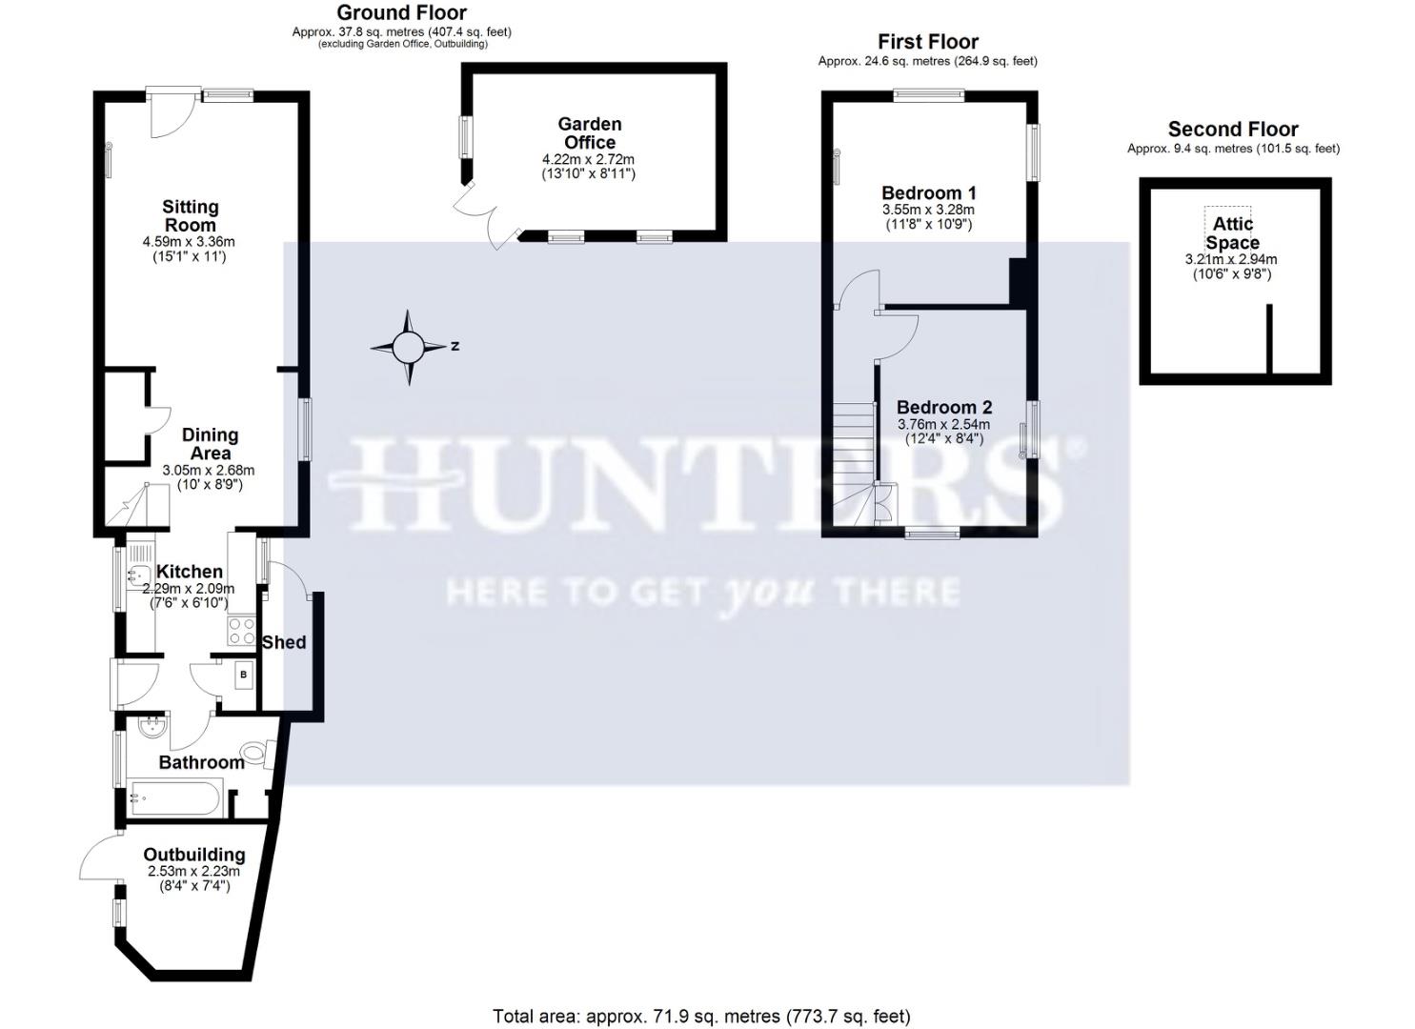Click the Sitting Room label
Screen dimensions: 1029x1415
(x=191, y=216)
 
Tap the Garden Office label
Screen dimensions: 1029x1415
(x=590, y=133)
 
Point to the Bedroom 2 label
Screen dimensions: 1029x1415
(x=943, y=408)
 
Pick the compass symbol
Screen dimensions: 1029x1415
(x=409, y=347)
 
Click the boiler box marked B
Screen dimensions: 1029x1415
(x=244, y=675)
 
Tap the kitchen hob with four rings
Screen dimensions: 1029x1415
(x=241, y=631)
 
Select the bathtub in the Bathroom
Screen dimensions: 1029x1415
(x=176, y=797)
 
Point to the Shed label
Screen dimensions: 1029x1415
(x=284, y=643)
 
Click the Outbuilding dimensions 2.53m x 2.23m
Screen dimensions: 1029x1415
(x=193, y=871)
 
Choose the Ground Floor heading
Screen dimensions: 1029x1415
(x=401, y=13)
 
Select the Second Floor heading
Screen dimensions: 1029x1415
(x=1233, y=130)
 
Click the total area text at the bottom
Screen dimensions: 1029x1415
(x=701, y=1017)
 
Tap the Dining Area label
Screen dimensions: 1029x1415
(x=210, y=444)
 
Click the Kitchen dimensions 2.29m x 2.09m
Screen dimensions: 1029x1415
(x=189, y=589)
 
